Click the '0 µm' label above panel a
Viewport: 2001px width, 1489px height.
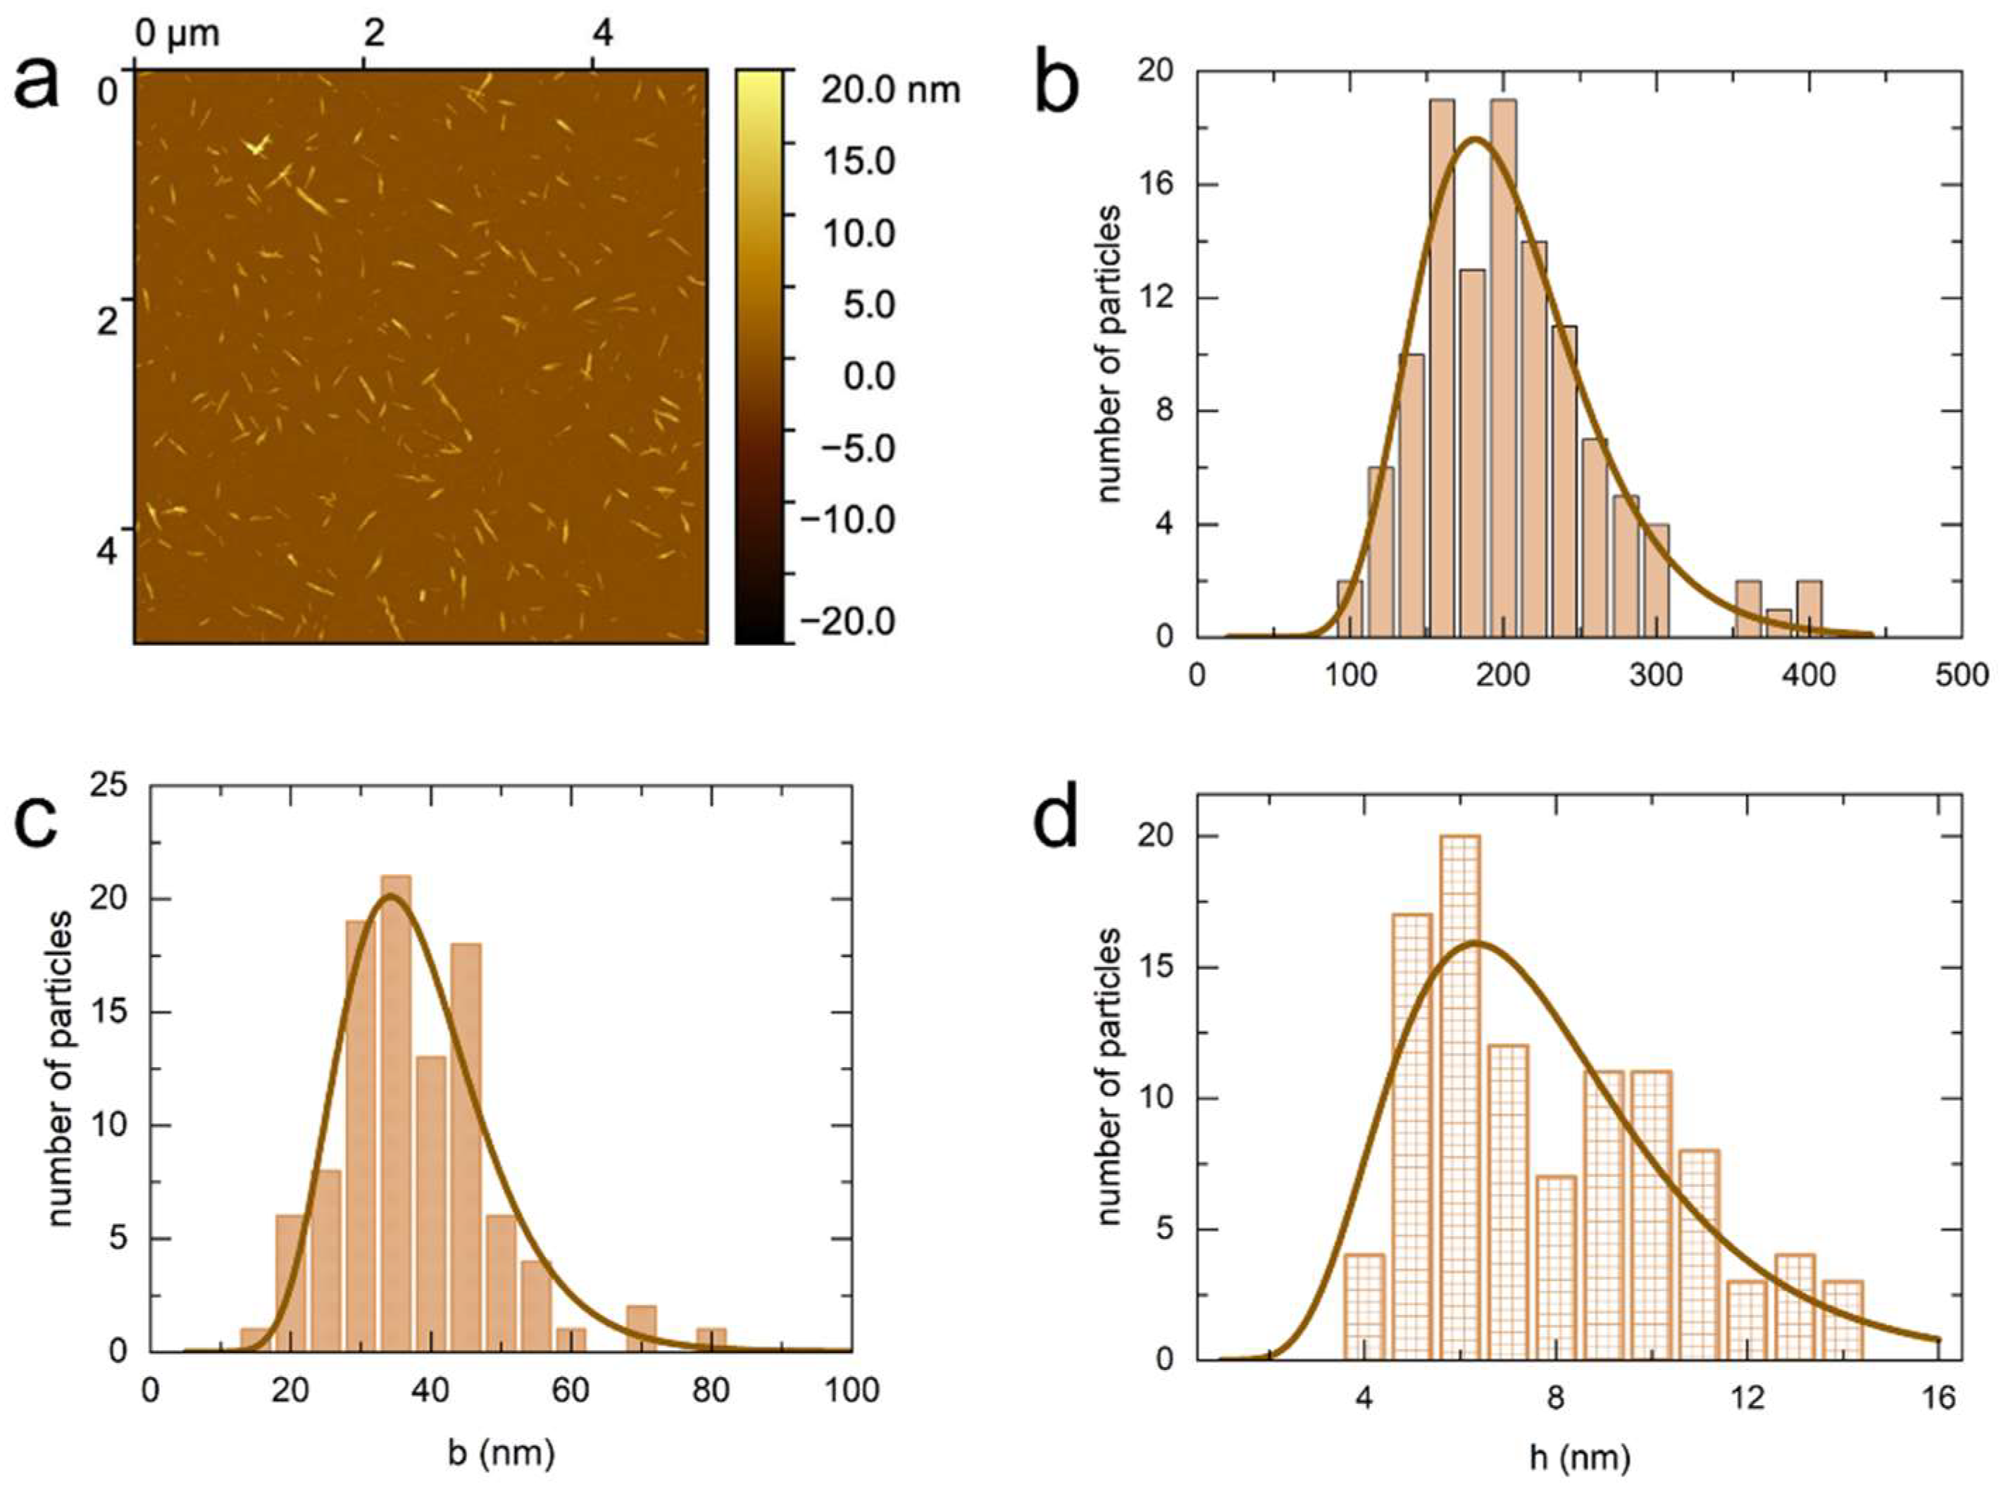[177, 35]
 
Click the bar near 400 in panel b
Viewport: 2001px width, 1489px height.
[1809, 609]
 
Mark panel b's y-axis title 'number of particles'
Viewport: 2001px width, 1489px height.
[1111, 354]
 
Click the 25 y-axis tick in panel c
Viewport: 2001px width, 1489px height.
[108, 787]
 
